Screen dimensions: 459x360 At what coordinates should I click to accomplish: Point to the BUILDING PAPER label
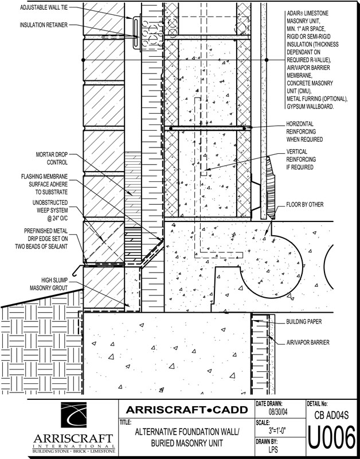pos(304,322)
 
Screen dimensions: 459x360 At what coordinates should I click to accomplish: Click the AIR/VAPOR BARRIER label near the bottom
pos(307,342)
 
